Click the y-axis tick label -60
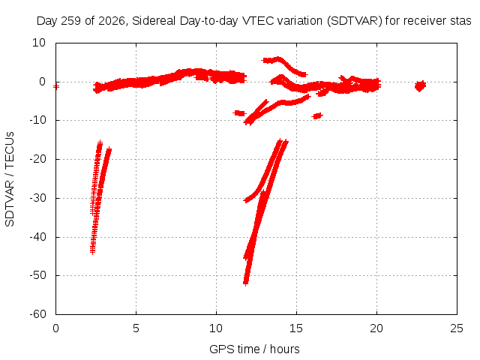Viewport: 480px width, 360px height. (x=38, y=314)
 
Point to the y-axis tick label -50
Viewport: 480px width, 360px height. (x=38, y=275)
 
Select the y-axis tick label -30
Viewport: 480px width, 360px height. (x=38, y=198)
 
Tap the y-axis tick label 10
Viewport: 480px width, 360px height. (x=39, y=43)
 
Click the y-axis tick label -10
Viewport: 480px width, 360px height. (x=38, y=120)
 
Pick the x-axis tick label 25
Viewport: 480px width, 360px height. (x=457, y=328)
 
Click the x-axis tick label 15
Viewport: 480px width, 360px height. (x=296, y=328)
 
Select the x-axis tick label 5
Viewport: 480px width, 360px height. (x=136, y=328)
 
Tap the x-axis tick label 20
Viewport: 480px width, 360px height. (x=376, y=328)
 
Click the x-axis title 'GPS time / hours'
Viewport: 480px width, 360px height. (x=254, y=349)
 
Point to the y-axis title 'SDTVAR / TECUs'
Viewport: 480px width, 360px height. (x=10, y=179)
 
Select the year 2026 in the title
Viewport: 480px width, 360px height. (x=112, y=21)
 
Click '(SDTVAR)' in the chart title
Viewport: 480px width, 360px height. (x=354, y=21)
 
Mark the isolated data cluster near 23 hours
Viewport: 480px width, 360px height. (x=420, y=86)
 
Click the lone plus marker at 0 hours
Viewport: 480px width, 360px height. (x=56, y=87)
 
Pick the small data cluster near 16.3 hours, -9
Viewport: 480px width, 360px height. (x=317, y=116)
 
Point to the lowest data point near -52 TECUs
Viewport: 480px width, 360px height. (x=245, y=283)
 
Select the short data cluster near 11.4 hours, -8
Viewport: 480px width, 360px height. (x=239, y=113)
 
